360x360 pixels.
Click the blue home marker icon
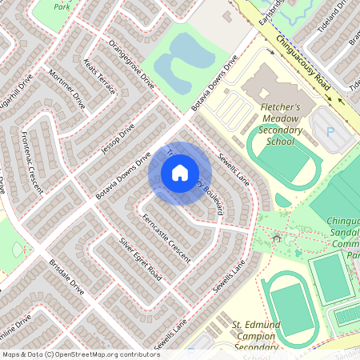(x=180, y=172)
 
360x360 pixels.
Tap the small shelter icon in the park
(x=278, y=237)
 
